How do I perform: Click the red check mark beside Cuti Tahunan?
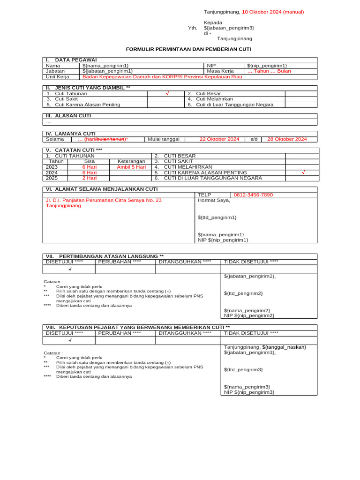pos(167,94)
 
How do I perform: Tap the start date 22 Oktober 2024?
pos(219,139)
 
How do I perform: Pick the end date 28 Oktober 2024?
pos(287,139)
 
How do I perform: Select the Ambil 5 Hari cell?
pos(131,167)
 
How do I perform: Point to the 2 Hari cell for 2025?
pos(89,178)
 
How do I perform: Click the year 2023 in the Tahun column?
pos(52,167)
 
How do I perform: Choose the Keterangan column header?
pos(131,161)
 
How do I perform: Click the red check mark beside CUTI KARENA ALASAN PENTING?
pos(303,172)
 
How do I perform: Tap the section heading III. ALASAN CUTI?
pos(68,115)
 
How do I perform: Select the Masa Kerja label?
pos(220,71)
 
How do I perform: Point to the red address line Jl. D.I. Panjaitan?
pos(103,200)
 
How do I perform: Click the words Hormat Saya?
pos(214,200)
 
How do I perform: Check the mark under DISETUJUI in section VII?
pos(70,270)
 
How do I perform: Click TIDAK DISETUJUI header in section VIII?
pos(252,333)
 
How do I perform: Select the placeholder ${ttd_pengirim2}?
pos(243,293)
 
